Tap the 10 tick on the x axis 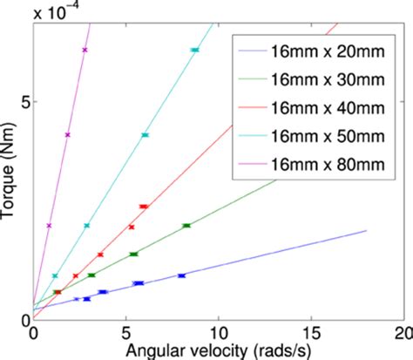pyautogui.click(x=218, y=334)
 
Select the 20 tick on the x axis pyautogui.click(x=403, y=334)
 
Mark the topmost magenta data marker pyautogui.click(x=85, y=50)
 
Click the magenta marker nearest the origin pyautogui.click(x=50, y=226)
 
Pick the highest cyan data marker pyautogui.click(x=194, y=51)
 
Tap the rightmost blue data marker pyautogui.click(x=181, y=275)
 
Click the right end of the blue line pyautogui.click(x=366, y=230)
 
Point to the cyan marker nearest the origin pyautogui.click(x=55, y=275)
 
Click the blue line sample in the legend pyautogui.click(x=261, y=52)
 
